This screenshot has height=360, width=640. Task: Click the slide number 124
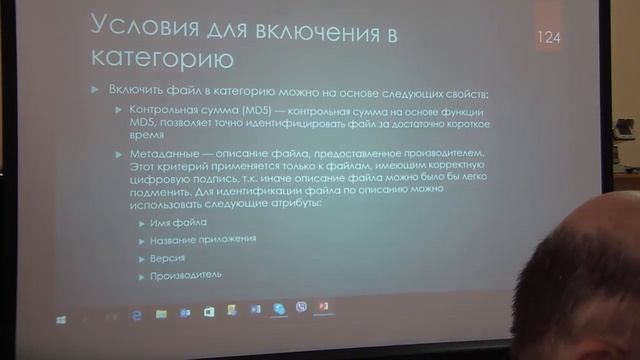tap(548, 39)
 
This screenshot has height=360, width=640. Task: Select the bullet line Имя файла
tap(178, 224)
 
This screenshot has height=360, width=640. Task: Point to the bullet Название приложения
tap(203, 240)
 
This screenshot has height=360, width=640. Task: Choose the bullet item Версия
tap(169, 257)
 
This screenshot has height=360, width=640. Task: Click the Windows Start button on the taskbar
tap(61, 318)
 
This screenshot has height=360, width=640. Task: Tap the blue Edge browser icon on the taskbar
tap(136, 314)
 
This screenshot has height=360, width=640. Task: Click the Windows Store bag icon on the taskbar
tap(208, 312)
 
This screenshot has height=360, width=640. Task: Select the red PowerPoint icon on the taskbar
tap(323, 306)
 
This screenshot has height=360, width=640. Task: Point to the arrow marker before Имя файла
tap(142, 224)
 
